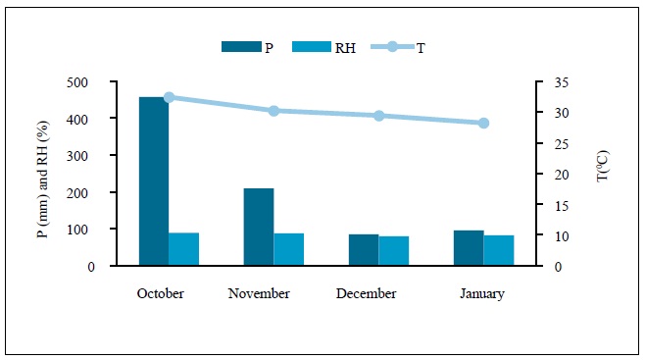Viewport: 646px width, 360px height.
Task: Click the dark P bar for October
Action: (x=153, y=181)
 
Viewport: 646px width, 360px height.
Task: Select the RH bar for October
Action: (x=183, y=249)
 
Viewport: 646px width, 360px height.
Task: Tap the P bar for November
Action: (x=259, y=227)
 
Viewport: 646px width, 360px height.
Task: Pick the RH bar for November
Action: (x=288, y=249)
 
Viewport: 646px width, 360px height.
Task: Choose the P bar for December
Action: (x=364, y=250)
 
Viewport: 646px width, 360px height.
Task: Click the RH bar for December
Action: (x=393, y=251)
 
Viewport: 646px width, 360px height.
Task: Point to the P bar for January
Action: (x=469, y=248)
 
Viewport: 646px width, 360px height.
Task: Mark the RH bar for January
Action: (x=498, y=250)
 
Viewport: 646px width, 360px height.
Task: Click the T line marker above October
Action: (x=169, y=97)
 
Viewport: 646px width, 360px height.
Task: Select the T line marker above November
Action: (x=273, y=111)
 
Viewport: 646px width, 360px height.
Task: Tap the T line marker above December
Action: (x=378, y=116)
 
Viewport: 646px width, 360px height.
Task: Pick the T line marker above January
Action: (x=483, y=123)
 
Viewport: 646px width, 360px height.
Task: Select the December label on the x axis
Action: (x=366, y=293)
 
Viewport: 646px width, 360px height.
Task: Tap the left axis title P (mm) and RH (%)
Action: (x=42, y=175)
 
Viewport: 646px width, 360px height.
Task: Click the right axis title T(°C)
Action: (x=602, y=174)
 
